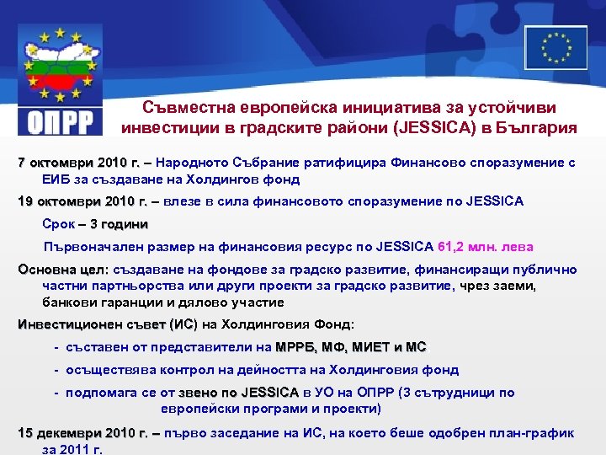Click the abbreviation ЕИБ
[56, 179]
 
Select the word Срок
[58, 224]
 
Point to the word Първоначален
[93, 247]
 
